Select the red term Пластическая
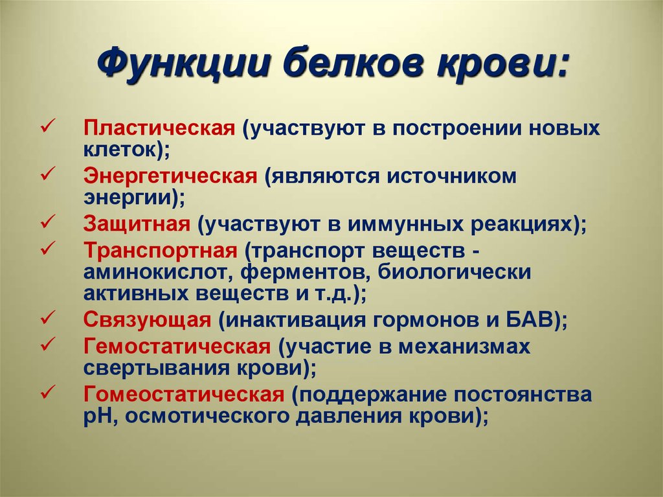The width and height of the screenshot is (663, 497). [x=158, y=127]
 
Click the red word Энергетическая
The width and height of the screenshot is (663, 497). [x=170, y=176]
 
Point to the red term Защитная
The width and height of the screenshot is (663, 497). [x=136, y=224]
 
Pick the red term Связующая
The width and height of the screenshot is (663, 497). [x=147, y=320]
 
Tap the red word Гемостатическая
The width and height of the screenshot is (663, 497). [x=176, y=345]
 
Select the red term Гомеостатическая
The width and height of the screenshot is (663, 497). [x=183, y=395]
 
